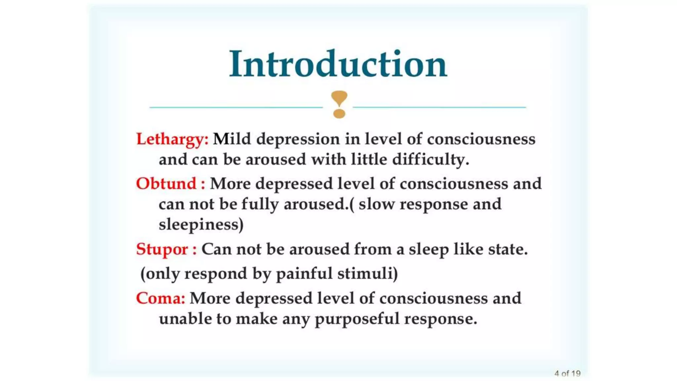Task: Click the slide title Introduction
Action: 338,64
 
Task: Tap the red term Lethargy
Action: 172,139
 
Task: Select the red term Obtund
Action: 166,184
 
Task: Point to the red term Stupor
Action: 162,249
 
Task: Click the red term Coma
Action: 160,298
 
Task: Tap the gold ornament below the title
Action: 339,104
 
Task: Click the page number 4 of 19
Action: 567,373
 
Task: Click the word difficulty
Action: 430,160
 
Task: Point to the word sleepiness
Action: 201,225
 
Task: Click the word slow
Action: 377,204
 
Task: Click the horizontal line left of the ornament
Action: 236,107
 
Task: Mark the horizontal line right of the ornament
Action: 439,107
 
